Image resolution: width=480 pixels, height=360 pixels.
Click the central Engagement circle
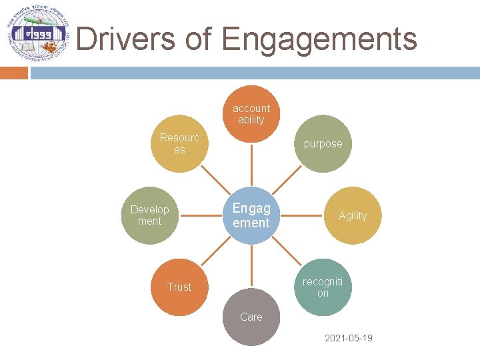pos(251,215)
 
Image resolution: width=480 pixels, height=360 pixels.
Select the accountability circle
pos(251,114)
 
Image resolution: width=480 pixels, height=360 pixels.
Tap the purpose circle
pos(323,144)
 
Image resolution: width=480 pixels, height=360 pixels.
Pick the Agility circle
pos(352,215)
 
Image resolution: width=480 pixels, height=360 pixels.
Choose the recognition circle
pos(323,287)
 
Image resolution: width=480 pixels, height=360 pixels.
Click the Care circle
pos(251,317)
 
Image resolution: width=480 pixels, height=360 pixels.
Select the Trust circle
pos(179,287)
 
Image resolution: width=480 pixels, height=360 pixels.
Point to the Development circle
pos(150,215)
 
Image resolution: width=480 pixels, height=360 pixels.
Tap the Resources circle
pos(179,144)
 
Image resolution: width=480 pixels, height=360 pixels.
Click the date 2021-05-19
pos(348,338)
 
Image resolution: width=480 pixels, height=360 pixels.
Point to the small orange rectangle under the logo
pos(13,73)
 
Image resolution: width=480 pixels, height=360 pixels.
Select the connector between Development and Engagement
pos(201,215)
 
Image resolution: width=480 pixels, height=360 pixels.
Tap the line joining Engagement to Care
pos(251,266)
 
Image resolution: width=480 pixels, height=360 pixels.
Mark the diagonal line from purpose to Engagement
pos(287,179)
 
